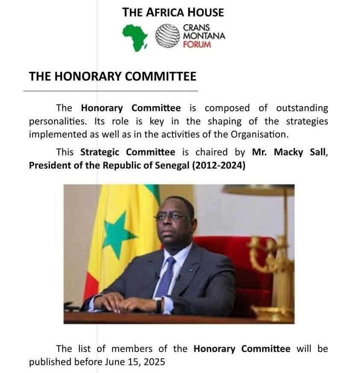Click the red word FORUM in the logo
[x=197, y=44]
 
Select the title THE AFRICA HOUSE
[x=173, y=12]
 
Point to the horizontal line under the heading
[x=111, y=91]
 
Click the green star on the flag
[x=117, y=233]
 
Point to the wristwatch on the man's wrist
[x=159, y=305]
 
